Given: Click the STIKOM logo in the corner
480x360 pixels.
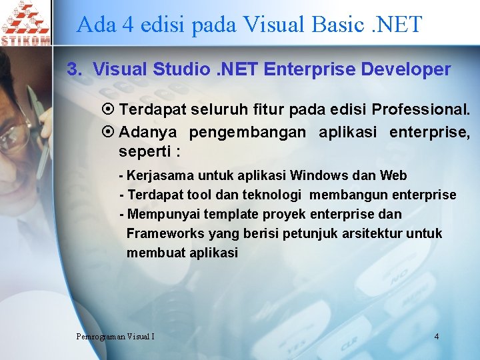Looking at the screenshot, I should pyautogui.click(x=25, y=23).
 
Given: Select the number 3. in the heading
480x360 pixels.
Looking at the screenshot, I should pyautogui.click(x=75, y=69).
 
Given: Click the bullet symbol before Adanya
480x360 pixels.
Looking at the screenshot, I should pyautogui.click(x=111, y=132).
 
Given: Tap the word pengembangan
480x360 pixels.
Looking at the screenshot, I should pyautogui.click(x=247, y=132).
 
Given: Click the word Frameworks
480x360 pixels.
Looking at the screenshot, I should pyautogui.click(x=165, y=234).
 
